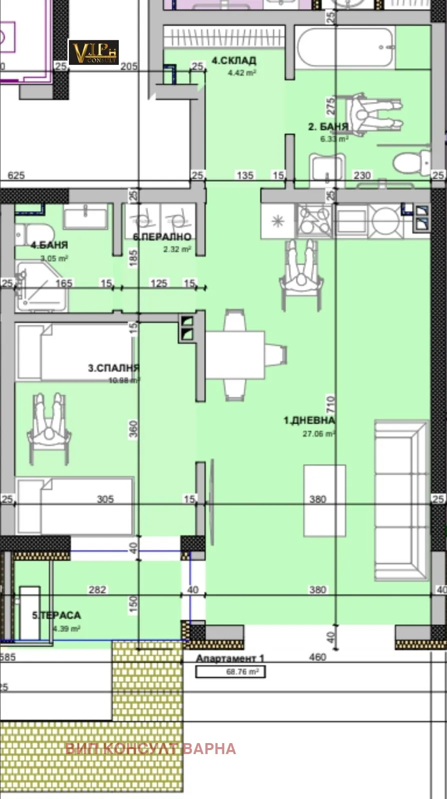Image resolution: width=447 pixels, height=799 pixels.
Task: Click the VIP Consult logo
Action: pyautogui.click(x=93, y=52)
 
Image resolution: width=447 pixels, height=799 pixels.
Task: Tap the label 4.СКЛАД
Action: pyautogui.click(x=234, y=61)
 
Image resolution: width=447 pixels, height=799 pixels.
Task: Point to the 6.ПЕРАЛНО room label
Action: pyautogui.click(x=162, y=237)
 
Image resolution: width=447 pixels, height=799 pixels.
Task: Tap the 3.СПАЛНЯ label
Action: pyautogui.click(x=113, y=368)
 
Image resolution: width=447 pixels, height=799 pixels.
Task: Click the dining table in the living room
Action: pyautogui.click(x=235, y=355)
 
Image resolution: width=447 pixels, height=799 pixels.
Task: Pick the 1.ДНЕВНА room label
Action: pyautogui.click(x=309, y=420)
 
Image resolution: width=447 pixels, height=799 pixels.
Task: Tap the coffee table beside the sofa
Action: pyautogui.click(x=325, y=500)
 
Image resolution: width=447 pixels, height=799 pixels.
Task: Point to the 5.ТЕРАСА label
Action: pyautogui.click(x=56, y=615)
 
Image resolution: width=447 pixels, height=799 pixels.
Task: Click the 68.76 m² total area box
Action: pyautogui.click(x=230, y=672)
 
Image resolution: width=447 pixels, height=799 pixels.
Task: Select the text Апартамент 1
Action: pyautogui.click(x=230, y=659)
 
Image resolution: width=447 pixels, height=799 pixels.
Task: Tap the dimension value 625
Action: pyautogui.click(x=16, y=175)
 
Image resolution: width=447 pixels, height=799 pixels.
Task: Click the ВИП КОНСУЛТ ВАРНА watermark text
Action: pyautogui.click(x=150, y=749)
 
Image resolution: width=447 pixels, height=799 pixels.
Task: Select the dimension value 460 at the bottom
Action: pyautogui.click(x=317, y=657)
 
